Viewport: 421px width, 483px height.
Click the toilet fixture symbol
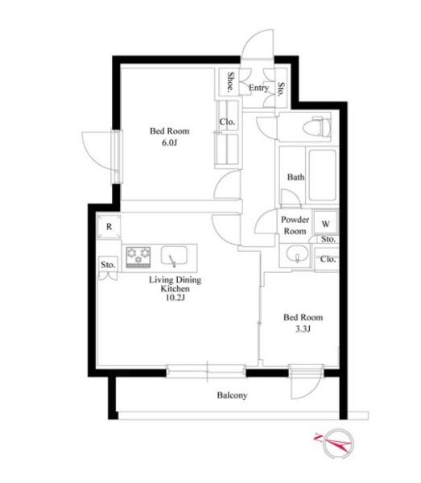click(317, 127)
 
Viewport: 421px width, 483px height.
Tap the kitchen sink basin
click(175, 256)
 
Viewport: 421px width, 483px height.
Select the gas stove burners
click(138, 257)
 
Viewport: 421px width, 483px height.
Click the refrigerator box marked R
click(109, 227)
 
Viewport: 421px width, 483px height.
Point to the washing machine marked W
click(325, 223)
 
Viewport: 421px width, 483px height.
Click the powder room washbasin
click(297, 254)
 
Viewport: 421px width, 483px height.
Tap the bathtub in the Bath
click(323, 175)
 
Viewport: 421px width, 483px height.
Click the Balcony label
click(232, 395)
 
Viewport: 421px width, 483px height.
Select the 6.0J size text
click(169, 143)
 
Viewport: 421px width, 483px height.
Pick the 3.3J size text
click(303, 329)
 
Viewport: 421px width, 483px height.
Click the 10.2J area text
click(175, 298)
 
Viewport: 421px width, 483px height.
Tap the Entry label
click(258, 88)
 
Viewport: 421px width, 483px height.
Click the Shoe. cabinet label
click(230, 82)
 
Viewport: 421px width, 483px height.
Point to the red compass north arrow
click(332, 442)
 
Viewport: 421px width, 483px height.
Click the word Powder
click(295, 220)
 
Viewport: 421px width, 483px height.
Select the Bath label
click(296, 177)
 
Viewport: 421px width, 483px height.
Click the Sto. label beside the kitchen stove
click(108, 265)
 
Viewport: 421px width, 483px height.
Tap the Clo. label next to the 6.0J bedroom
click(227, 122)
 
